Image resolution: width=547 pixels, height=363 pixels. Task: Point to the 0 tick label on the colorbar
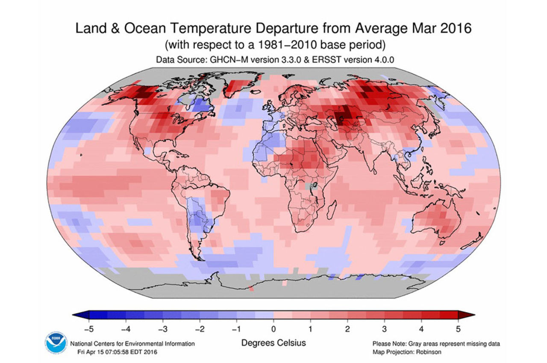click(273, 329)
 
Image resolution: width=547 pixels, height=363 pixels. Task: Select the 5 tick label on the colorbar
click(458, 329)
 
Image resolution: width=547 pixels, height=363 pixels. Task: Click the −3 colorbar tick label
click(162, 329)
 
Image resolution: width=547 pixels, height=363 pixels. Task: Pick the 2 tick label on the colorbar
click(347, 329)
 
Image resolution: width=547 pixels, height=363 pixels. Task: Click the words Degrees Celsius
click(273, 343)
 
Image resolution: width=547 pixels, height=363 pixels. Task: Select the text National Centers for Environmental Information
click(132, 344)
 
